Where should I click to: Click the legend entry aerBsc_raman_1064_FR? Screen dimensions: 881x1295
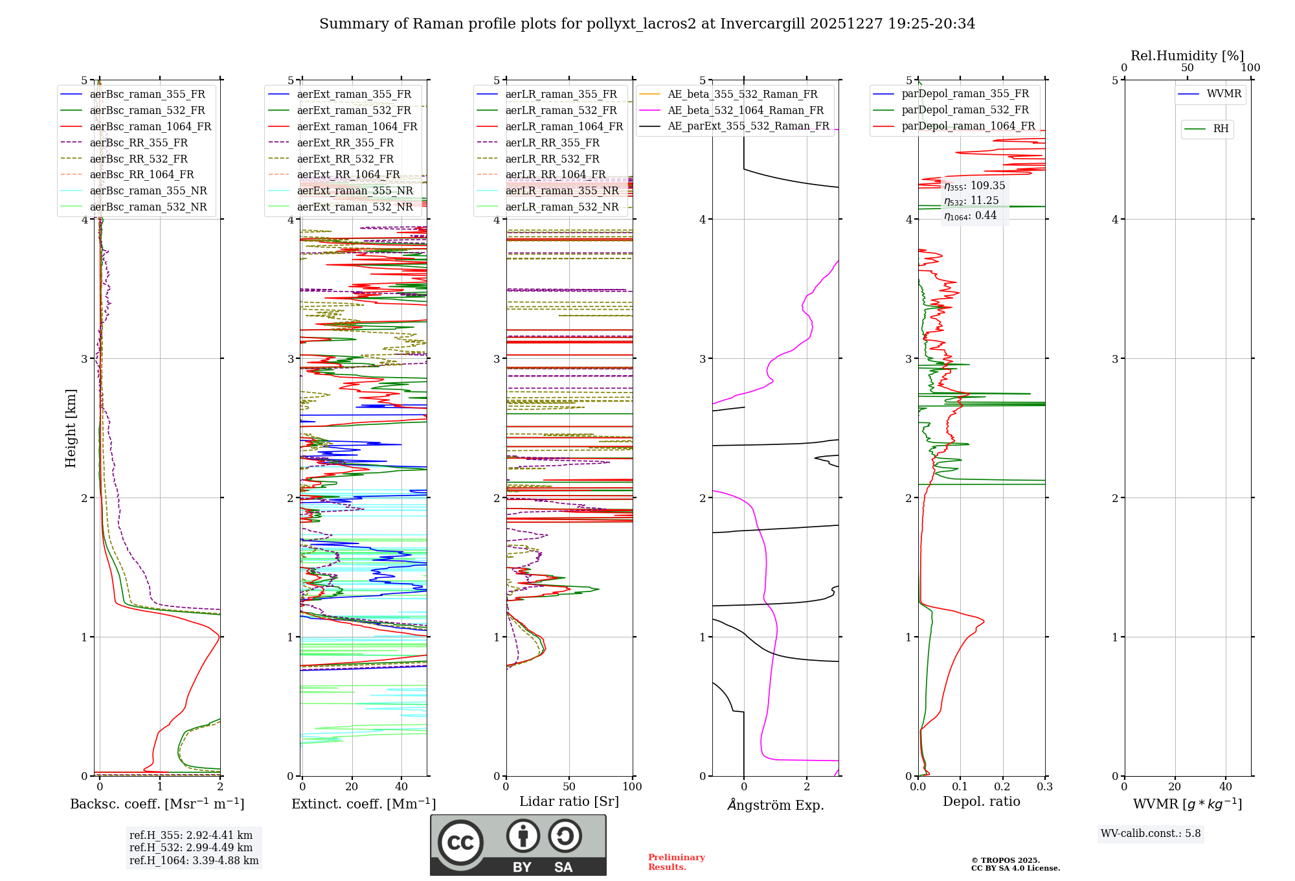pyautogui.click(x=150, y=127)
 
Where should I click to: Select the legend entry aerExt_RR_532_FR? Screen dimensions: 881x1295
pyautogui.click(x=345, y=159)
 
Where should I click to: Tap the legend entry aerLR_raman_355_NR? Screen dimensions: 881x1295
pyautogui.click(x=562, y=191)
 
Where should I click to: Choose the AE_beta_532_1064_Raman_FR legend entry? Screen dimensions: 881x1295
pyautogui.click(x=745, y=111)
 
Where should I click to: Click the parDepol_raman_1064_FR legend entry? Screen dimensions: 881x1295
pyautogui.click(x=968, y=126)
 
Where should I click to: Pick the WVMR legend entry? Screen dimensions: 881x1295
pyautogui.click(x=1224, y=94)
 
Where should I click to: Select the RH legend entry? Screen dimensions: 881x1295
pyautogui.click(x=1221, y=129)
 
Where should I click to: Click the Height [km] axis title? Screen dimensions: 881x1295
pyautogui.click(x=71, y=428)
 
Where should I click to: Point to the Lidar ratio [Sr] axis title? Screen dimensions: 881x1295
pyautogui.click(x=569, y=802)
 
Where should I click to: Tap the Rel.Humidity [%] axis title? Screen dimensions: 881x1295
pyautogui.click(x=1187, y=56)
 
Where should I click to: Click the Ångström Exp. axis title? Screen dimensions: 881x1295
pyautogui.click(x=776, y=805)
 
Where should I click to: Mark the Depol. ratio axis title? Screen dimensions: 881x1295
pyautogui.click(x=981, y=802)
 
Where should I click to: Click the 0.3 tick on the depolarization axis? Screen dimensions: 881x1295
pyautogui.click(x=1044, y=787)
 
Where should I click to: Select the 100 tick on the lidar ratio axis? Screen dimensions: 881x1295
pyautogui.click(x=632, y=787)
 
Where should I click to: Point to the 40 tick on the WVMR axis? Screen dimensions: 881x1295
pyautogui.click(x=1225, y=787)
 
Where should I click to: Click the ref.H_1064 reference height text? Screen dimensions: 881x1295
pyautogui.click(x=194, y=861)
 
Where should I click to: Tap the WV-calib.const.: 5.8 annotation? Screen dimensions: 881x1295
pyautogui.click(x=1150, y=834)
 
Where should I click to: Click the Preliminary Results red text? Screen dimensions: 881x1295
pyautogui.click(x=676, y=862)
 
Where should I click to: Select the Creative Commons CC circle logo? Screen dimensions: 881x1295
pyautogui.click(x=460, y=843)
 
